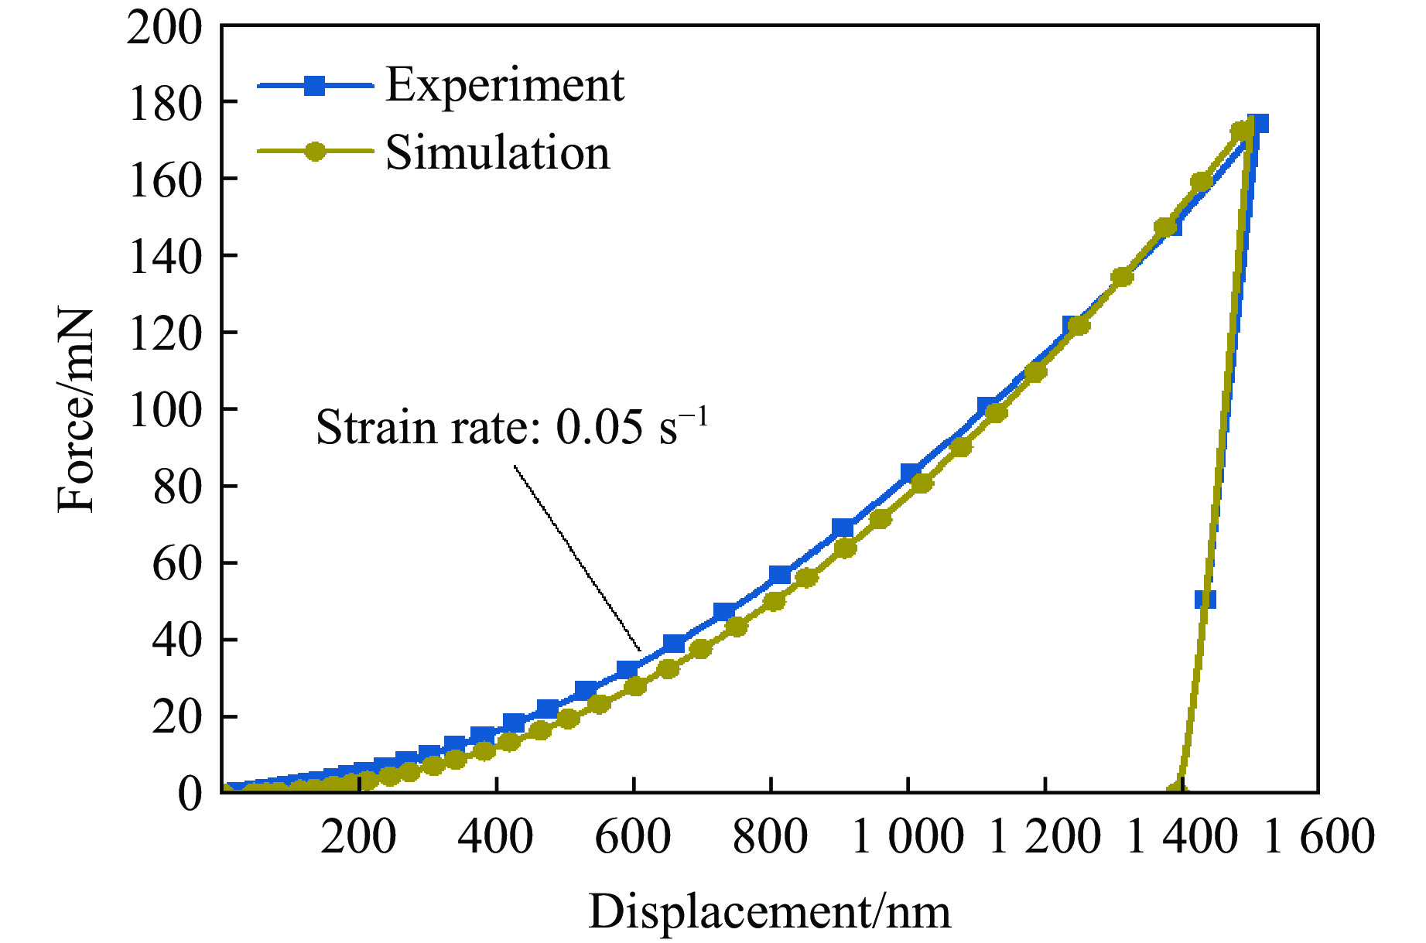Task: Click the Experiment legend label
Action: pyautogui.click(x=504, y=85)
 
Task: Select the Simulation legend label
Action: pyautogui.click(x=498, y=152)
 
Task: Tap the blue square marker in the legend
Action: pyautogui.click(x=314, y=85)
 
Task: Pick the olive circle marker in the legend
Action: pyautogui.click(x=314, y=152)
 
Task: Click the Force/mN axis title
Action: pyautogui.click(x=76, y=410)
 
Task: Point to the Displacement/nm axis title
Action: pyautogui.click(x=769, y=911)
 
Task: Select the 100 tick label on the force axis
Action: pyautogui.click(x=164, y=410)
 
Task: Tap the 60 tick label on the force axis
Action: pyautogui.click(x=176, y=563)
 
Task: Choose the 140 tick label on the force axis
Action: pyautogui.click(x=164, y=257)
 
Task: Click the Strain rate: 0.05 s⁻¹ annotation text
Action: pyautogui.click(x=511, y=427)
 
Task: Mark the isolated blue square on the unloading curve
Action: pyautogui.click(x=1205, y=600)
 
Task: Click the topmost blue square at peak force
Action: pyautogui.click(x=1258, y=124)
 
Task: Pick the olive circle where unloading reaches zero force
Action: pyautogui.click(x=1175, y=791)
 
